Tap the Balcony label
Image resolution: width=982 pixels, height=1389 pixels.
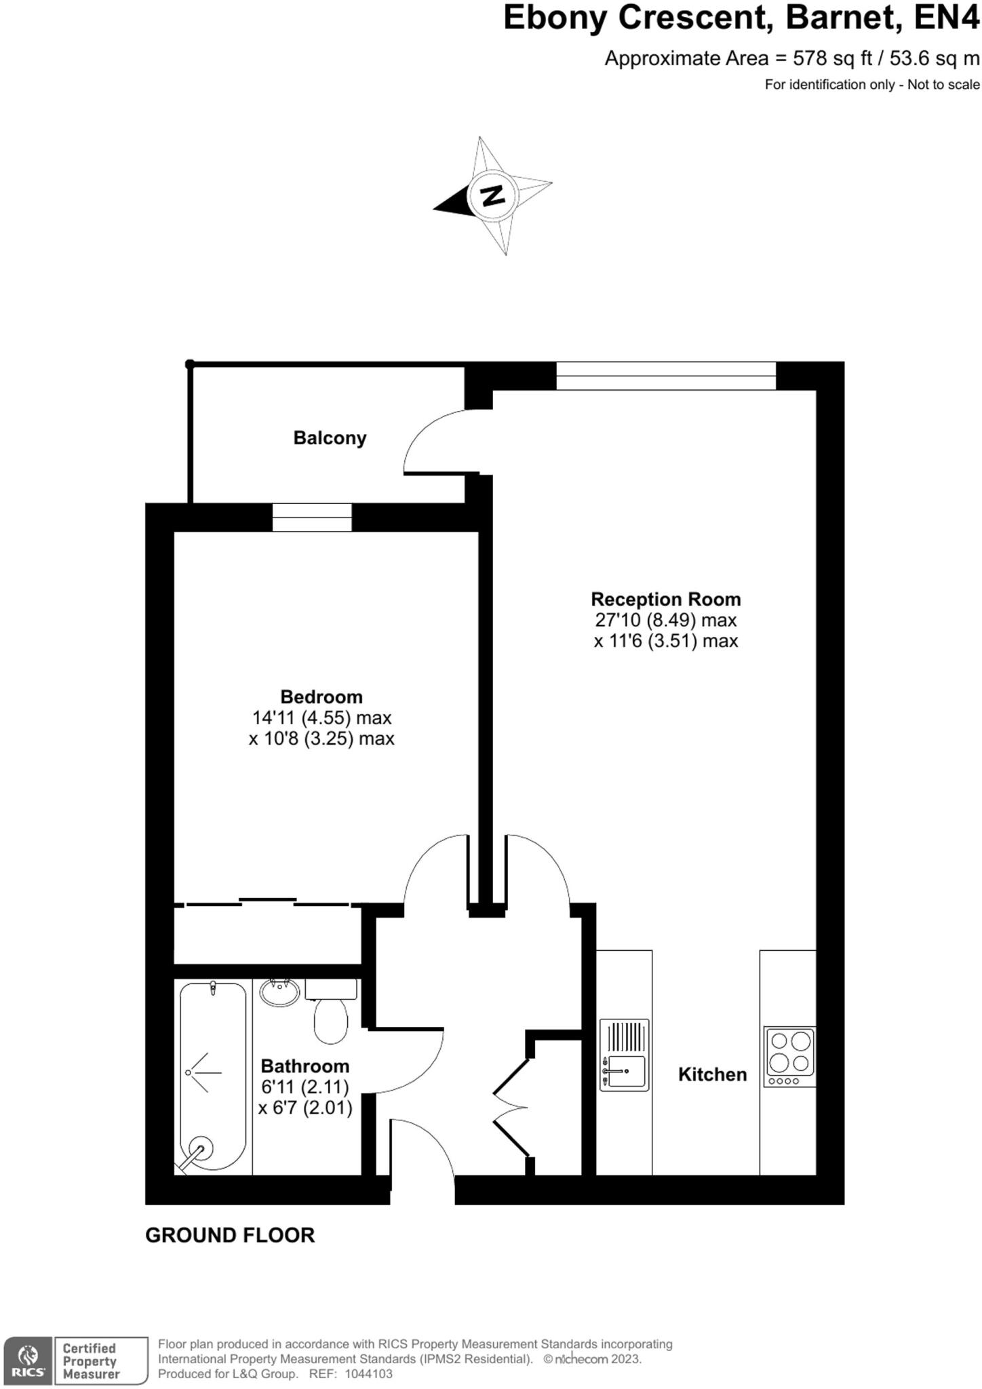point(330,438)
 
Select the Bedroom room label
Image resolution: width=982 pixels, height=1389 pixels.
point(321,697)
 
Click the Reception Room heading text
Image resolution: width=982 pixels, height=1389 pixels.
point(665,599)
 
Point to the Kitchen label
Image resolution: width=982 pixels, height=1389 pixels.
point(712,1074)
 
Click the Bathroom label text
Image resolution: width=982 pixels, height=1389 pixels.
point(305,1066)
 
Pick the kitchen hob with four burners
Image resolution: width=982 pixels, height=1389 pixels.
point(789,1056)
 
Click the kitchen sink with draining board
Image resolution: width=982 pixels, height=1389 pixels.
point(624,1055)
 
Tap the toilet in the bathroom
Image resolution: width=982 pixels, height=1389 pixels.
point(331,1011)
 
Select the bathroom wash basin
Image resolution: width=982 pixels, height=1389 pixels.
point(279,993)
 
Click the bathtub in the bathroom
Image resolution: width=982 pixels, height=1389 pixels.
point(213,1077)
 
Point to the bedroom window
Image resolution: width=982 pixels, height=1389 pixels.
point(312,517)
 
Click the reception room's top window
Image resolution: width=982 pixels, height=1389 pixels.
point(666,376)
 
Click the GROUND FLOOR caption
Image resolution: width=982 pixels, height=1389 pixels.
point(230,1235)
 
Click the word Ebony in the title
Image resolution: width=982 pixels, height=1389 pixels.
point(555,18)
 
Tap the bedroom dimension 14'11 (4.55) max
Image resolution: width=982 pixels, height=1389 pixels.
point(322,718)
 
